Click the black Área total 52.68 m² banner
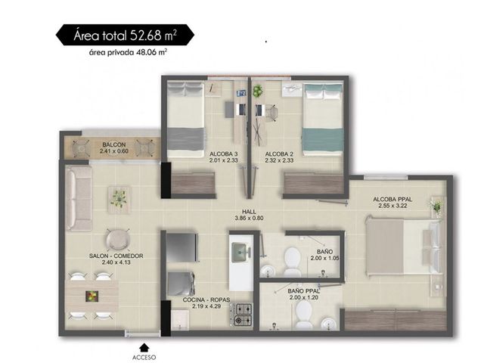(x=125, y=35)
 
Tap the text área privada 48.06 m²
(x=128, y=52)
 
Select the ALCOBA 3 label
(x=224, y=154)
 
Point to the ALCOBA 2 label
(x=279, y=154)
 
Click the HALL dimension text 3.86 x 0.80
(x=249, y=218)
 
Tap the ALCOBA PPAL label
(x=392, y=199)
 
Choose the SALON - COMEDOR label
(x=116, y=256)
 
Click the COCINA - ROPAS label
(x=206, y=299)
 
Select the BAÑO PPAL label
(x=303, y=290)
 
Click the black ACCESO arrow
(x=144, y=348)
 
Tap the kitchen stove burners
(x=244, y=315)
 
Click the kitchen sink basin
(x=239, y=252)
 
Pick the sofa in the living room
(x=79, y=198)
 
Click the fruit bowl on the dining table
(x=92, y=296)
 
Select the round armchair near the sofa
(x=118, y=240)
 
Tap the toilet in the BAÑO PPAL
(x=304, y=315)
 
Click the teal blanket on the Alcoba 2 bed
(x=323, y=139)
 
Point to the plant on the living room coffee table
(x=119, y=198)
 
